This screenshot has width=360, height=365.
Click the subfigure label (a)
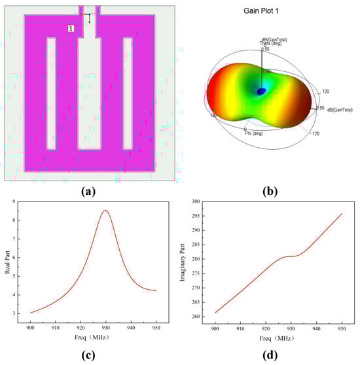click(x=90, y=192)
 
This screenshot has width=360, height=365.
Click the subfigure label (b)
click(x=268, y=192)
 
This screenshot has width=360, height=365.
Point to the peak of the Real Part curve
click(x=105, y=211)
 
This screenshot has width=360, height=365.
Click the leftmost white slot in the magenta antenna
click(x=51, y=92)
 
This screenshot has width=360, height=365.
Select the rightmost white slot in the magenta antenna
click(x=128, y=92)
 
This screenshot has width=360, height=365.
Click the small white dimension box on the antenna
click(x=71, y=28)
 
